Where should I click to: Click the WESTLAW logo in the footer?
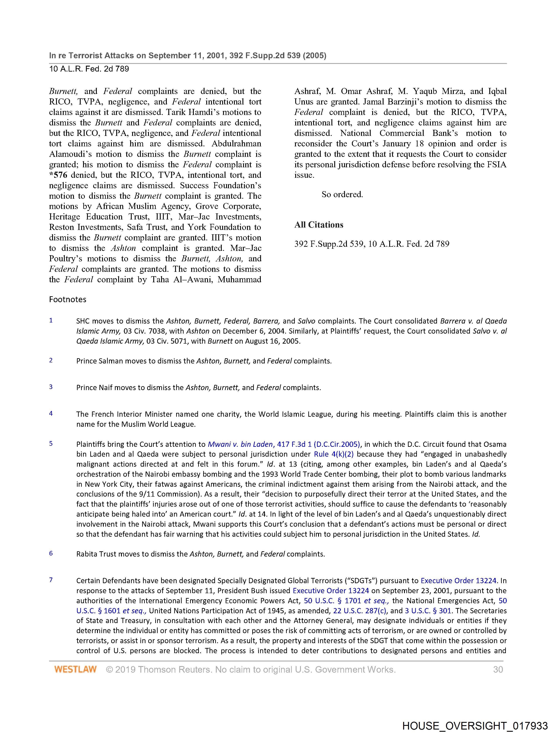(x=75, y=669)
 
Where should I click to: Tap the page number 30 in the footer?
(x=498, y=669)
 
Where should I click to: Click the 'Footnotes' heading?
(x=68, y=299)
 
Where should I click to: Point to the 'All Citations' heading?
(x=319, y=225)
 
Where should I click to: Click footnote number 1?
(x=51, y=320)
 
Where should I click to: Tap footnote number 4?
(x=51, y=413)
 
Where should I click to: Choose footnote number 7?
(x=51, y=580)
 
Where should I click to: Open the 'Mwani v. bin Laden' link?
(x=240, y=444)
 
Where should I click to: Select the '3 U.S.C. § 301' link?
(x=428, y=611)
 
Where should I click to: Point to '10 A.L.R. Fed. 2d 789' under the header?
(x=89, y=69)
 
